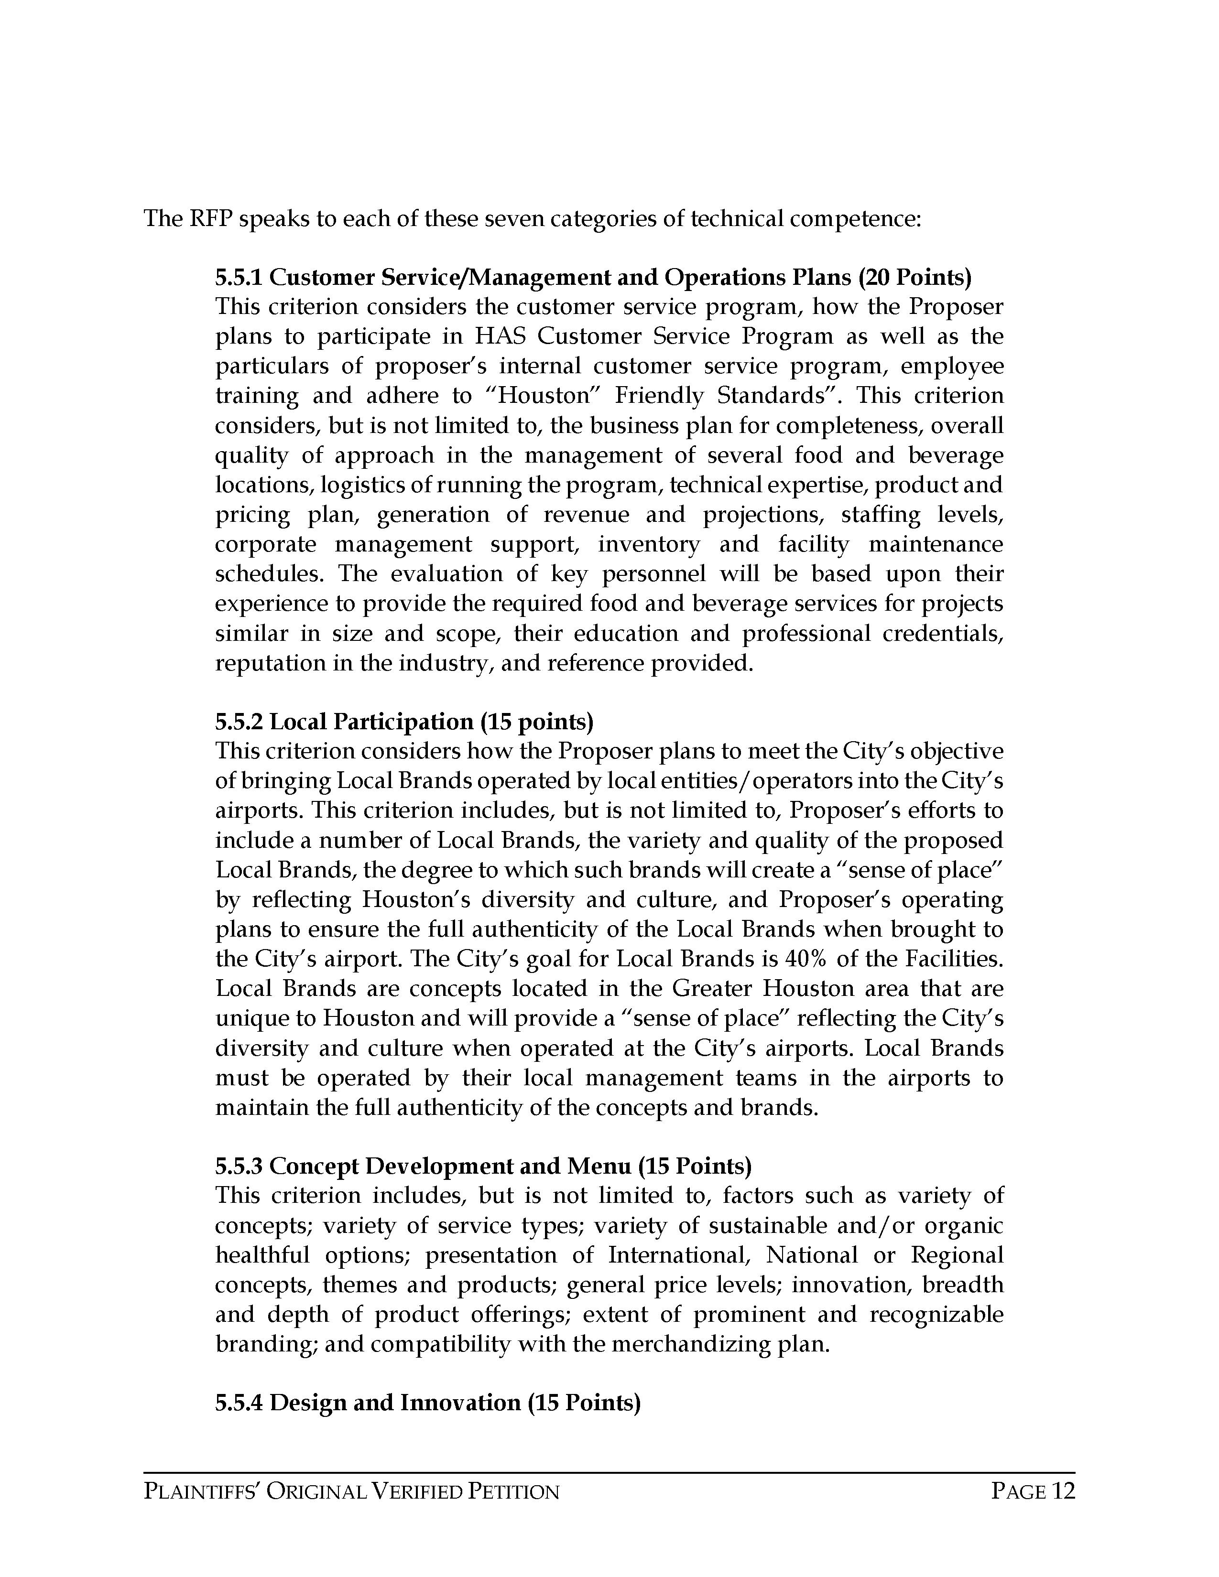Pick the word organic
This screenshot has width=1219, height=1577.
click(x=964, y=1226)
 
